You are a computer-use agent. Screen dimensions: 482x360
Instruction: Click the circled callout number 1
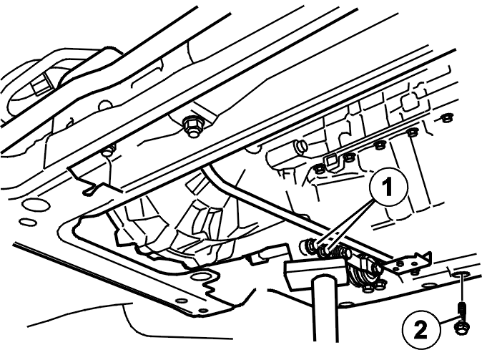pos(388,187)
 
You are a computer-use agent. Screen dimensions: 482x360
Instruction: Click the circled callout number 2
pos(420,329)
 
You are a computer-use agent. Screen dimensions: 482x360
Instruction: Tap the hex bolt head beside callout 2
pos(461,328)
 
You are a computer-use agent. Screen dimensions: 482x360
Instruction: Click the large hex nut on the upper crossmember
pos(191,127)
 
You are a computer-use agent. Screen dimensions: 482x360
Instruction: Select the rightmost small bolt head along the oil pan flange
pos(445,118)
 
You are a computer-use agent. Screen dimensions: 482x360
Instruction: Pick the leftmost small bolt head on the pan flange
pos(320,169)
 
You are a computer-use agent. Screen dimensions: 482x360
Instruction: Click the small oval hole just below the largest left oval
pos(26,222)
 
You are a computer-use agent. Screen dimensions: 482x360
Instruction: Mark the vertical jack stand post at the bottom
pos(326,308)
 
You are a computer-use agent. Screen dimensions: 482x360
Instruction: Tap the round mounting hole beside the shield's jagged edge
pos(200,276)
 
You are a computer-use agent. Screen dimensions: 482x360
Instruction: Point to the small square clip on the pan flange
pos(331,160)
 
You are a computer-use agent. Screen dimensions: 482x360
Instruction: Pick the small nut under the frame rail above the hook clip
pos(107,152)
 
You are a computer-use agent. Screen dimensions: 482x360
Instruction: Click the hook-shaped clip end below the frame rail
pos(89,191)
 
